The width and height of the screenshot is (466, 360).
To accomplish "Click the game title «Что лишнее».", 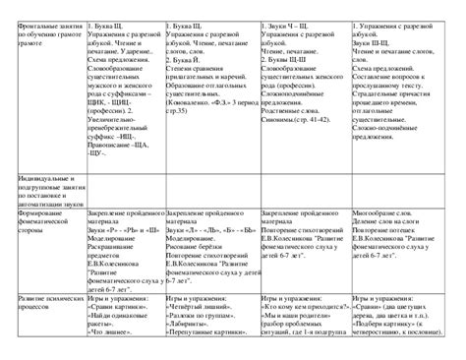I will (113, 354).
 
